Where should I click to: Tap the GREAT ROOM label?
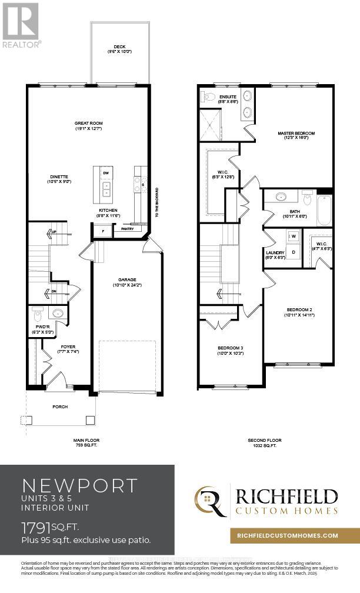click(x=89, y=124)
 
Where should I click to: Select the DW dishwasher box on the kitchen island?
click(x=106, y=174)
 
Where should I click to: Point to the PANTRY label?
click(x=127, y=228)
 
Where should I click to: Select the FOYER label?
click(x=68, y=347)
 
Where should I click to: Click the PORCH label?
click(x=60, y=407)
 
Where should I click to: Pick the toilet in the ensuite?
click(x=208, y=96)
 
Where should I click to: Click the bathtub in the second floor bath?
click(x=324, y=210)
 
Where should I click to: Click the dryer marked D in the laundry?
click(x=293, y=252)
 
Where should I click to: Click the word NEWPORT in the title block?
click(x=79, y=485)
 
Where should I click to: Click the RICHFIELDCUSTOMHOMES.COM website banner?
click(x=288, y=535)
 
